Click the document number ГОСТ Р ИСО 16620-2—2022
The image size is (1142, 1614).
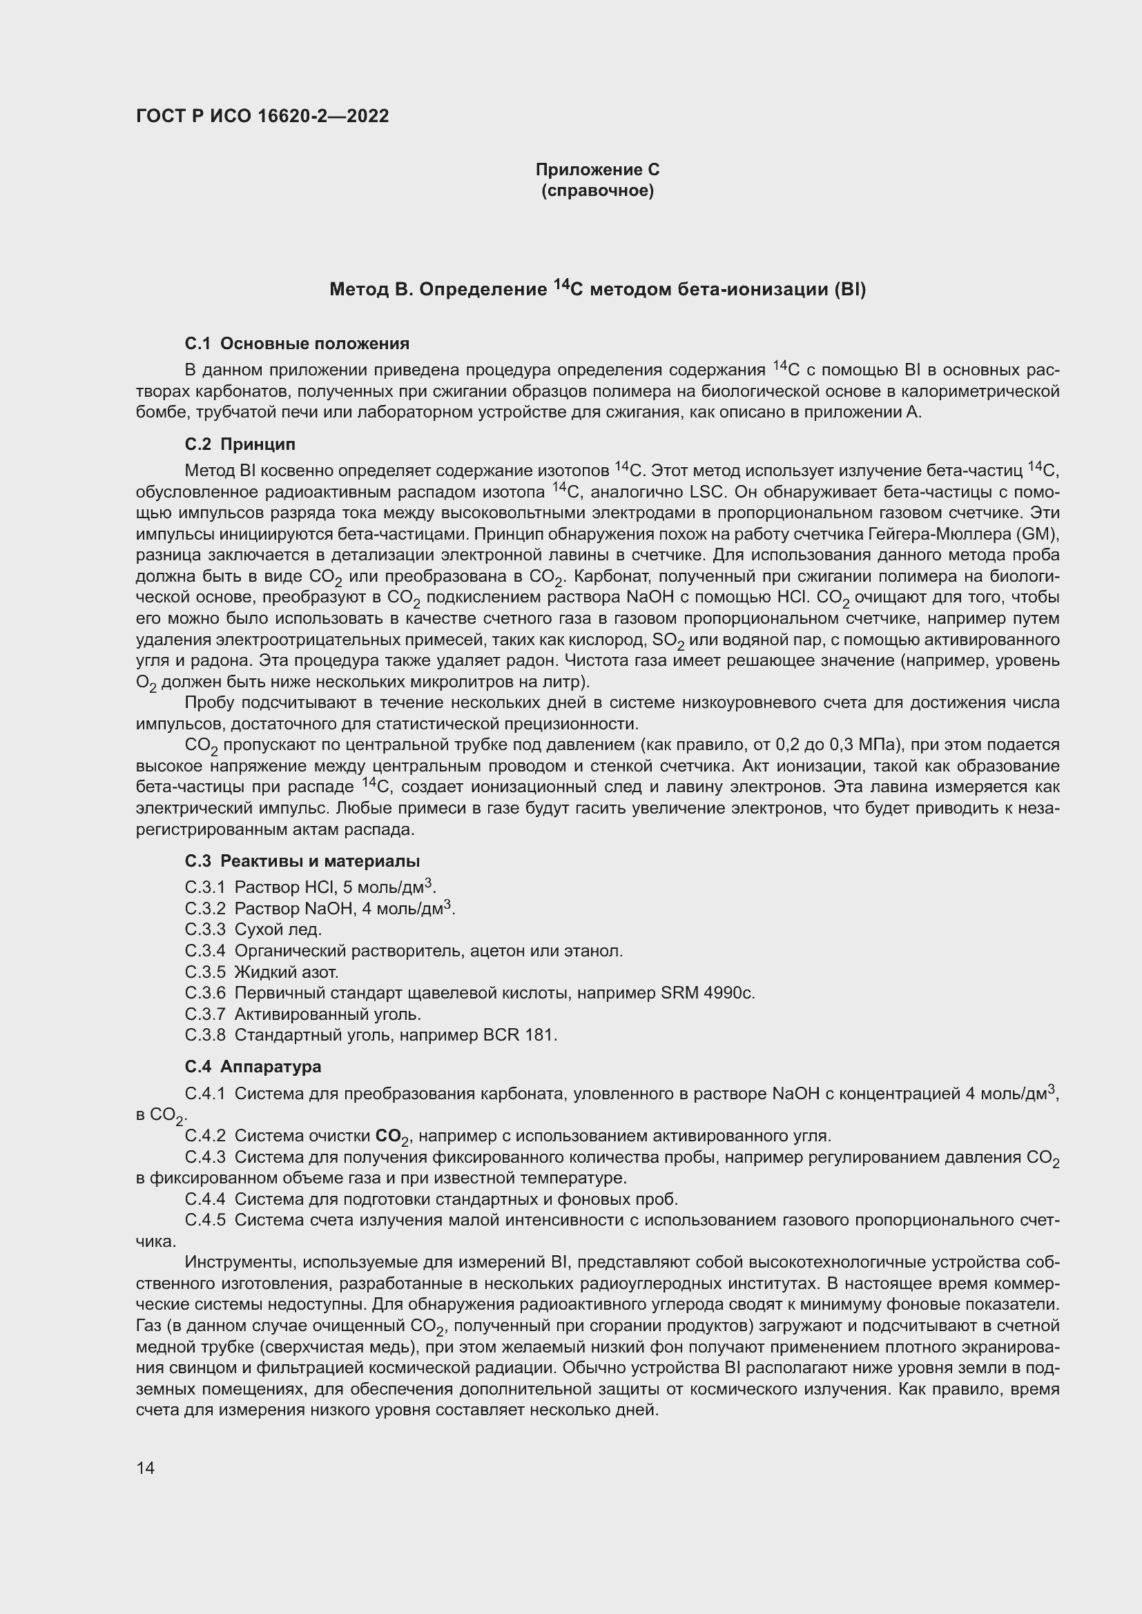click(262, 116)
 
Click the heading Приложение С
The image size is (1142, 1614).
click(597, 170)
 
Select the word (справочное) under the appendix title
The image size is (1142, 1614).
click(597, 190)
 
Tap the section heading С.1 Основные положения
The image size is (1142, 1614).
click(297, 344)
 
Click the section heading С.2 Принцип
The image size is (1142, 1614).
click(240, 444)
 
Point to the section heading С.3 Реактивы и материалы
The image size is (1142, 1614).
click(302, 861)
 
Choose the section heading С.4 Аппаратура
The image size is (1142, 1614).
click(253, 1066)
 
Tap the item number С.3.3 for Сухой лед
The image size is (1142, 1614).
click(204, 930)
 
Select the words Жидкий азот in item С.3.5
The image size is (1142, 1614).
click(287, 972)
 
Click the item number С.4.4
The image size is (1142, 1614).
click(204, 1199)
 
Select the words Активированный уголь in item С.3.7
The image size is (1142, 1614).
click(327, 1014)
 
